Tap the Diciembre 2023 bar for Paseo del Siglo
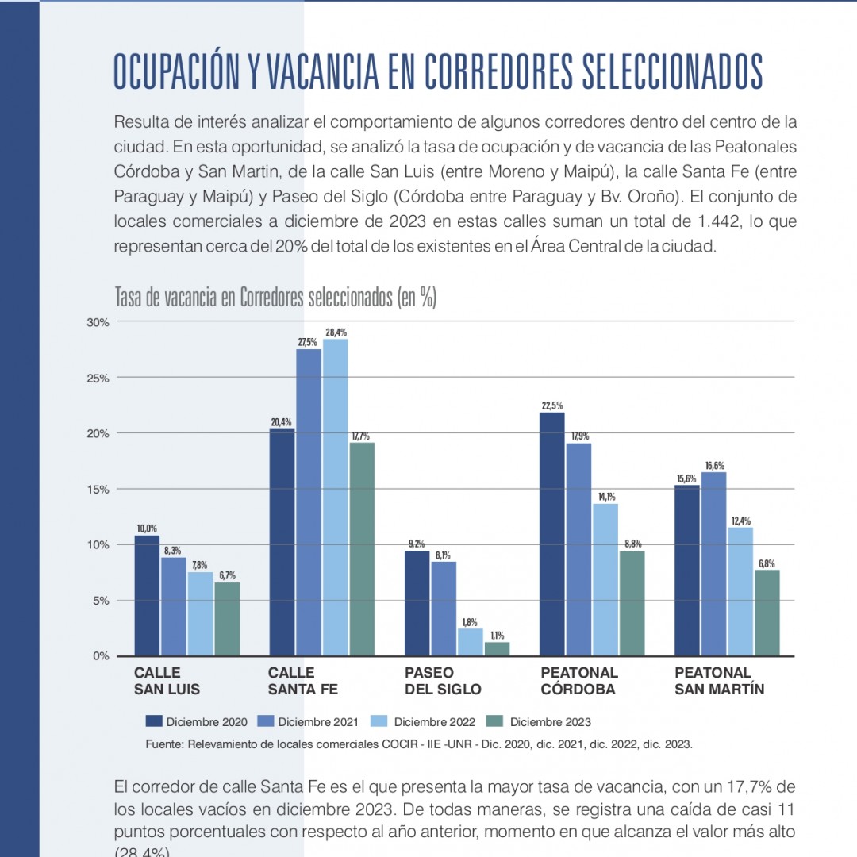(x=497, y=649)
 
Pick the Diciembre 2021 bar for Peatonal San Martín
(x=713, y=563)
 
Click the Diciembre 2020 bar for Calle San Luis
(x=147, y=595)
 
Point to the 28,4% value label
(x=336, y=332)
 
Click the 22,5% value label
(x=552, y=405)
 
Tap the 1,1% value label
(x=498, y=636)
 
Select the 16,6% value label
(x=713, y=466)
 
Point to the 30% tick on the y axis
(x=98, y=322)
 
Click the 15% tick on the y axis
(x=98, y=489)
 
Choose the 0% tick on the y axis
(x=101, y=655)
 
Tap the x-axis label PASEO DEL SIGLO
(x=443, y=681)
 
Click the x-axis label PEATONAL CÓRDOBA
(x=579, y=681)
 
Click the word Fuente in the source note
(x=164, y=744)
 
